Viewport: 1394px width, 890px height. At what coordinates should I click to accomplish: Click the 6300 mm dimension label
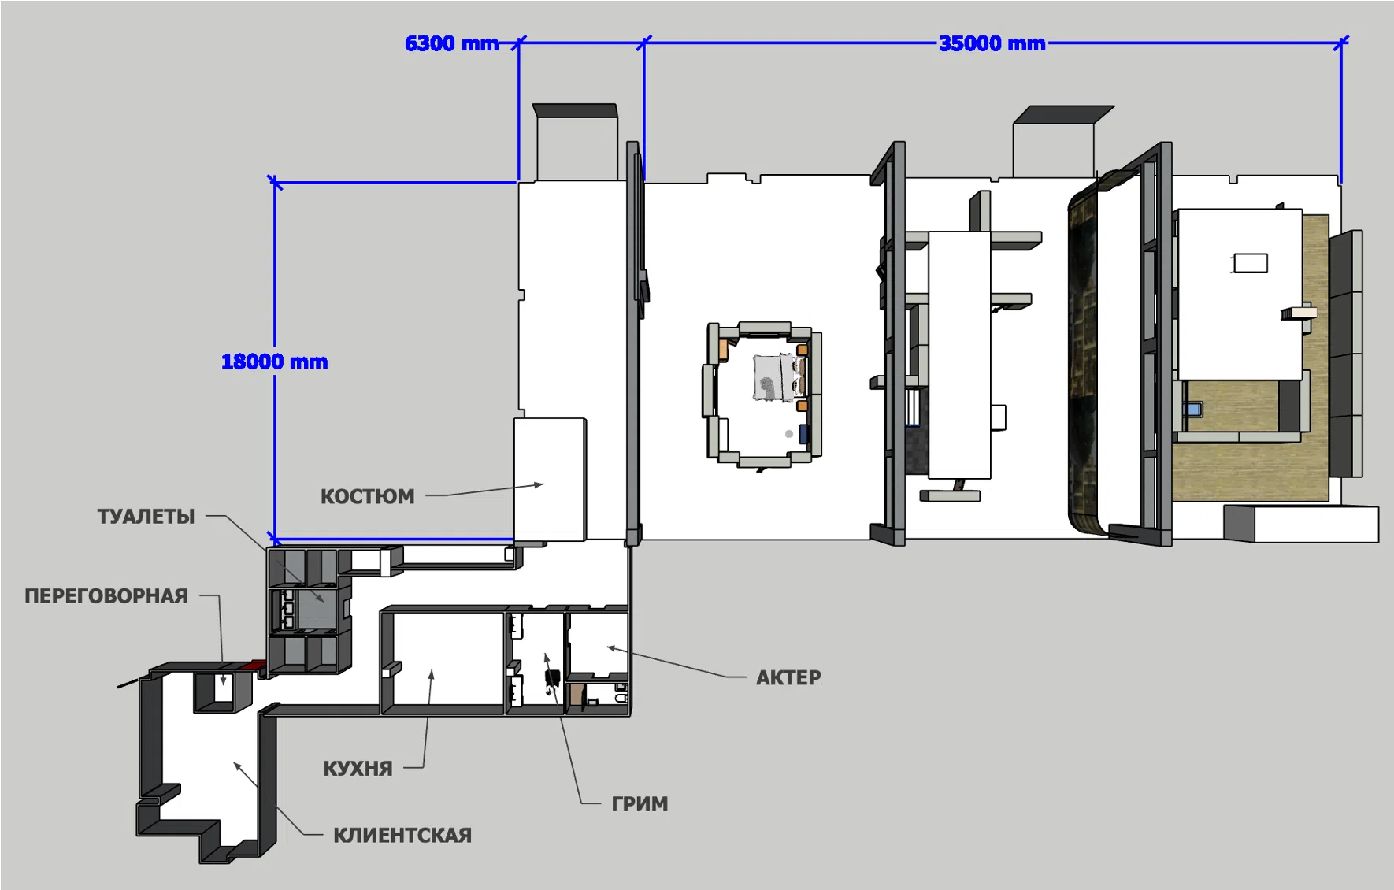[x=451, y=43]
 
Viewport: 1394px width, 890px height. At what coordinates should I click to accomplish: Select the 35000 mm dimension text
[x=992, y=43]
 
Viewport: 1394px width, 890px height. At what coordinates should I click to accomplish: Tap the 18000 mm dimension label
[x=274, y=362]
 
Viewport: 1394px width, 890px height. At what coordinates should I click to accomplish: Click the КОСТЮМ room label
[x=367, y=496]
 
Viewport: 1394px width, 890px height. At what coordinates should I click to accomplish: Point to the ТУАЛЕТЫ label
[x=146, y=517]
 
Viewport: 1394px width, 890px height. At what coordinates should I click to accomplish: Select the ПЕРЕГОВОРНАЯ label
[x=106, y=596]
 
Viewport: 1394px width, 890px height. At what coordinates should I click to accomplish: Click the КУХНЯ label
[x=358, y=769]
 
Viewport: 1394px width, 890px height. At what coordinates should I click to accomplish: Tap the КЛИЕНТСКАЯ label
[x=402, y=835]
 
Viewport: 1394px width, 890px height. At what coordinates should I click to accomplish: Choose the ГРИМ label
[x=640, y=804]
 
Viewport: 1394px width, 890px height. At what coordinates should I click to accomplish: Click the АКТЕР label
[x=788, y=677]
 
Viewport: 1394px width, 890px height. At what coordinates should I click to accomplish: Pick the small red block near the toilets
[x=253, y=666]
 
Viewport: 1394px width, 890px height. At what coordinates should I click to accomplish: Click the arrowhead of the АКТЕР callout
[x=610, y=648]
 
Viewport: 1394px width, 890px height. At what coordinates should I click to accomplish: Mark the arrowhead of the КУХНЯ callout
[x=431, y=674]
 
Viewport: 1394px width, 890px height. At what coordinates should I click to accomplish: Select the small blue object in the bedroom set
[x=803, y=433]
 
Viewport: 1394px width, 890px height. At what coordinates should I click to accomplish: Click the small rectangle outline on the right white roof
[x=1250, y=262]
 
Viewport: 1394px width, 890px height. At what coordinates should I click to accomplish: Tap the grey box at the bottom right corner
[x=1301, y=524]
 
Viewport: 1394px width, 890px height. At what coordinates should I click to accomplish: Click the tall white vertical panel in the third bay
[x=959, y=354]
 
